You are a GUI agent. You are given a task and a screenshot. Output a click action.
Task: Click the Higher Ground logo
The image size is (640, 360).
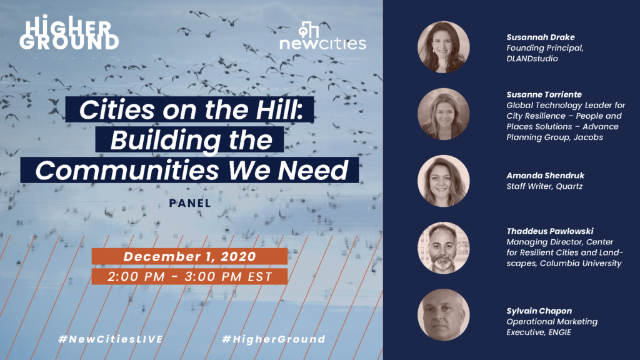click(69, 32)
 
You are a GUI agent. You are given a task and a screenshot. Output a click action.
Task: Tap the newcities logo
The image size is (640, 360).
click(322, 36)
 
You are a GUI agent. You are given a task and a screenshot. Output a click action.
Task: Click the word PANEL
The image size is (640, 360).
click(190, 203)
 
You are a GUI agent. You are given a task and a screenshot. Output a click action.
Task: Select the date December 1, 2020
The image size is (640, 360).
click(190, 256)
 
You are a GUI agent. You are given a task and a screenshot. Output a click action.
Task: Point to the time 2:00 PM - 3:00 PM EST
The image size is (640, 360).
click(190, 277)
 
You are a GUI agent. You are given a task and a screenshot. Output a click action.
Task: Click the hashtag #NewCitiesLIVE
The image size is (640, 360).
click(111, 339)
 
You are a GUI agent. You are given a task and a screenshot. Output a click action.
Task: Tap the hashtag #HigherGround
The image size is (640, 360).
click(274, 339)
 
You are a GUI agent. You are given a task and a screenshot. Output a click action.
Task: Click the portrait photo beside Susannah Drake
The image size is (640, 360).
click(443, 47)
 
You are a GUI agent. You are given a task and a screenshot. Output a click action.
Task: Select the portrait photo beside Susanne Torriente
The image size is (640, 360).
click(443, 114)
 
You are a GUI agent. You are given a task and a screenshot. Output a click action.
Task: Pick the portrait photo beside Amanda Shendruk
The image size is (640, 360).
click(443, 181)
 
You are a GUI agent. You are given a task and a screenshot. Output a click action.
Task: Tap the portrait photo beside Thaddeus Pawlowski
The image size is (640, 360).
click(443, 247)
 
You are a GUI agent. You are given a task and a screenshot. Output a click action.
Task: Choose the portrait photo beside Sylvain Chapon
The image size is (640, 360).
click(443, 315)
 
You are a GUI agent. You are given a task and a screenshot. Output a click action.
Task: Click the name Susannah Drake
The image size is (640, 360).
click(541, 37)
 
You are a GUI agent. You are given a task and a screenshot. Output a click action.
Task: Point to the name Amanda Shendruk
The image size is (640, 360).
click(545, 176)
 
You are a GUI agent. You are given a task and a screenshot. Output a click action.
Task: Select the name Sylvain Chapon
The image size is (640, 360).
click(539, 311)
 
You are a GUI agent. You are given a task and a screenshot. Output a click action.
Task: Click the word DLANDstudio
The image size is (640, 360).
click(532, 59)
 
